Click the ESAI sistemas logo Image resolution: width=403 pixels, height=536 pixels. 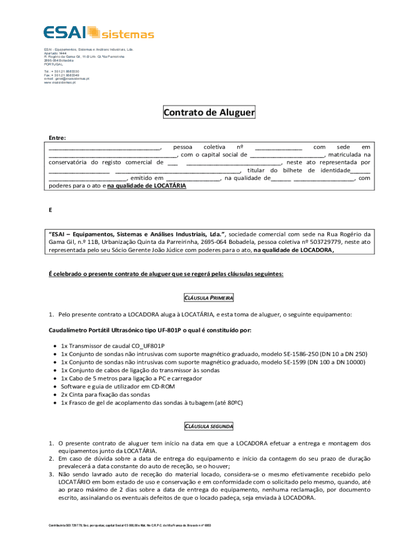tap(98, 32)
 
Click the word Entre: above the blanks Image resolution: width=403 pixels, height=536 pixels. tap(58, 138)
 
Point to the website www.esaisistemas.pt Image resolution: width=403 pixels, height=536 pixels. tap(60, 83)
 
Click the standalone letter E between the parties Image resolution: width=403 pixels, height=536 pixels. tap(51, 210)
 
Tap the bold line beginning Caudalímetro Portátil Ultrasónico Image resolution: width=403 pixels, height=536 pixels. tap(150, 330)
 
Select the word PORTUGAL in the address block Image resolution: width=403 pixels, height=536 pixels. tap(53, 64)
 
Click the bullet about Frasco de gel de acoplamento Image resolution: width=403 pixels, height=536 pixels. tap(152, 403)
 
